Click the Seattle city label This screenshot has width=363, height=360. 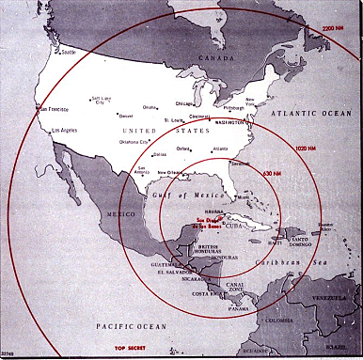pos(69,52)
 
